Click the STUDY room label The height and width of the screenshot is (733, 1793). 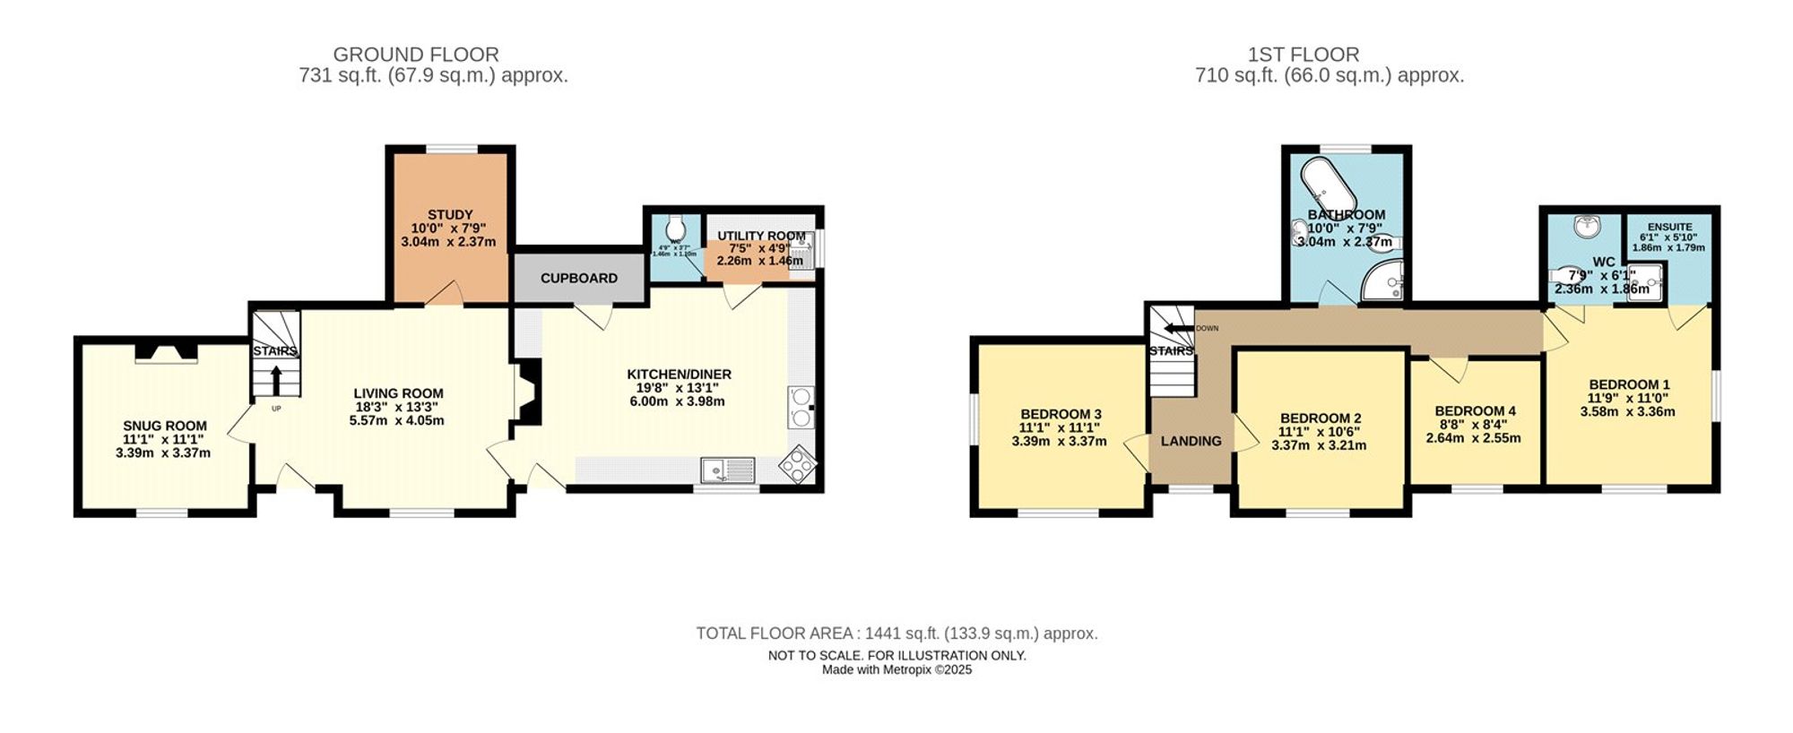pyautogui.click(x=449, y=215)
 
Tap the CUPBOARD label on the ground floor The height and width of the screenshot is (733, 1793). pyautogui.click(x=578, y=279)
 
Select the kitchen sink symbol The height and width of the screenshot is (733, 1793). pyautogui.click(x=728, y=470)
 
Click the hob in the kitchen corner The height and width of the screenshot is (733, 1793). pyautogui.click(x=798, y=465)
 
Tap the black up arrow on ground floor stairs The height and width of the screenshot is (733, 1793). pyautogui.click(x=275, y=380)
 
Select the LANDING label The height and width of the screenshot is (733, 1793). pyautogui.click(x=1191, y=441)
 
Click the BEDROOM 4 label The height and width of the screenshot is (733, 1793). pyautogui.click(x=1475, y=411)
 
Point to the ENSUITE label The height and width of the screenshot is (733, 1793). pyautogui.click(x=1669, y=228)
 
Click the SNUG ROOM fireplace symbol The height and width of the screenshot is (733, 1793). pyautogui.click(x=167, y=354)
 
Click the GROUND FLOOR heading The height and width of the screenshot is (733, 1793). pyautogui.click(x=416, y=55)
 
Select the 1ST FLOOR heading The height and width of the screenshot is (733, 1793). pyautogui.click(x=1303, y=55)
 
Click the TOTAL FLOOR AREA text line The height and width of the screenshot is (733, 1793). pyautogui.click(x=896, y=634)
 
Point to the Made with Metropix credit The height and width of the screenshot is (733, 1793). pyautogui.click(x=896, y=670)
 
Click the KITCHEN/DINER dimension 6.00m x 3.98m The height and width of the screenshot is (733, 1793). pyautogui.click(x=677, y=401)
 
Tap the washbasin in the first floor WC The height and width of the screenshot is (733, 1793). pyautogui.click(x=1588, y=228)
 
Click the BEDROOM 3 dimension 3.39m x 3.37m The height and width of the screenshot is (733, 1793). pyautogui.click(x=1059, y=441)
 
